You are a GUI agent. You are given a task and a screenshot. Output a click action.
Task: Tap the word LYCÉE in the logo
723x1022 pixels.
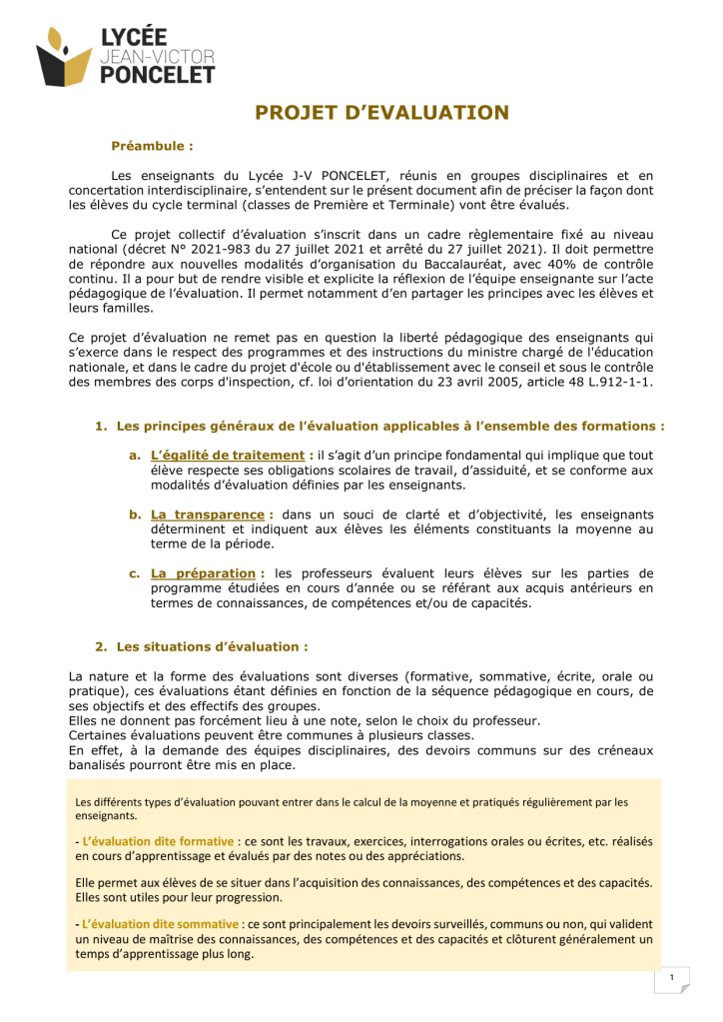tap(134, 37)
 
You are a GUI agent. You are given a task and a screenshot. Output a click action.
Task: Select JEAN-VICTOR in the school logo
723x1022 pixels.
tap(158, 57)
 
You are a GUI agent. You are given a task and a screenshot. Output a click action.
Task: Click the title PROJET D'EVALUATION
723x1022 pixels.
tap(381, 112)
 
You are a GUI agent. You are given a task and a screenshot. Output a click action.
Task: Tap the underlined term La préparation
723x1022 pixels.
tap(203, 573)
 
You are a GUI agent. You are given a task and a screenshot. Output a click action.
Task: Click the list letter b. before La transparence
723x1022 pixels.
tap(134, 514)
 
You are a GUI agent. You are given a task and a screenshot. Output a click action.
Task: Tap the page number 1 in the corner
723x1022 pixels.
tap(673, 977)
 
